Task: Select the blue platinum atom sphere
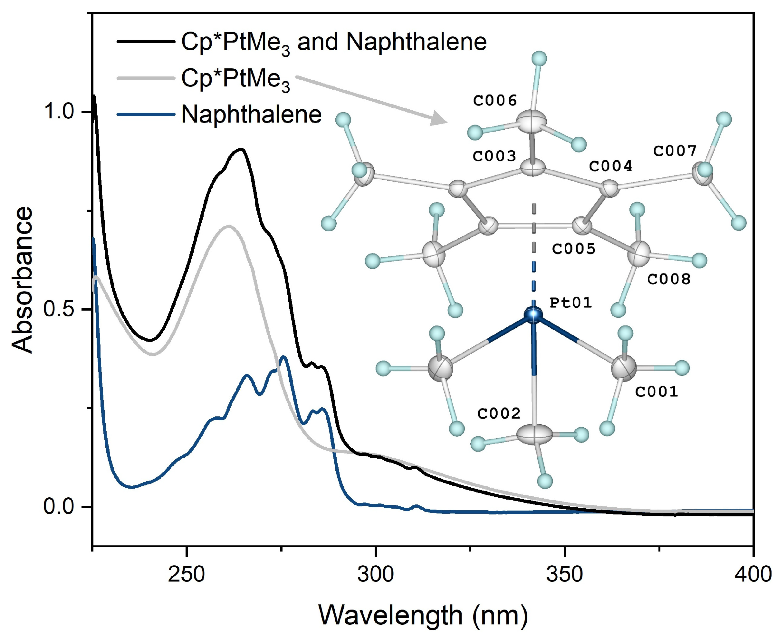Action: [533, 314]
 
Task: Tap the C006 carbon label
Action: [495, 100]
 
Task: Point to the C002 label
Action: [498, 413]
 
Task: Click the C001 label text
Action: [657, 392]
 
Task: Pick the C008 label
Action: [668, 279]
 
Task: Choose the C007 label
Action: [675, 151]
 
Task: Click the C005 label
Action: [574, 249]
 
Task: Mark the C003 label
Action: [494, 156]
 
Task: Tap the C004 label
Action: [610, 166]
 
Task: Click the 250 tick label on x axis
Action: [187, 574]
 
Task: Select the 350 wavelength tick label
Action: [564, 574]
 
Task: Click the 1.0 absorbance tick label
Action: [59, 111]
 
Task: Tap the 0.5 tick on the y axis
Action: [59, 309]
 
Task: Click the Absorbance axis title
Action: [22, 280]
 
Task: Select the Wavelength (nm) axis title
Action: [423, 615]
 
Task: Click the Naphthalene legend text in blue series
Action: [251, 114]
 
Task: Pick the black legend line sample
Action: [146, 42]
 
